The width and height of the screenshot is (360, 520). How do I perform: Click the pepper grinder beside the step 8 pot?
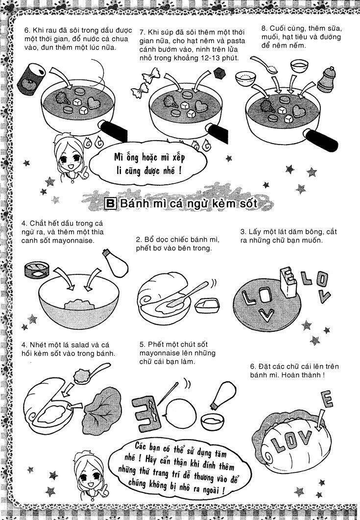(326, 79)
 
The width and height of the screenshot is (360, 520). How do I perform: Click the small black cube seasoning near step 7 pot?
(219, 74)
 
